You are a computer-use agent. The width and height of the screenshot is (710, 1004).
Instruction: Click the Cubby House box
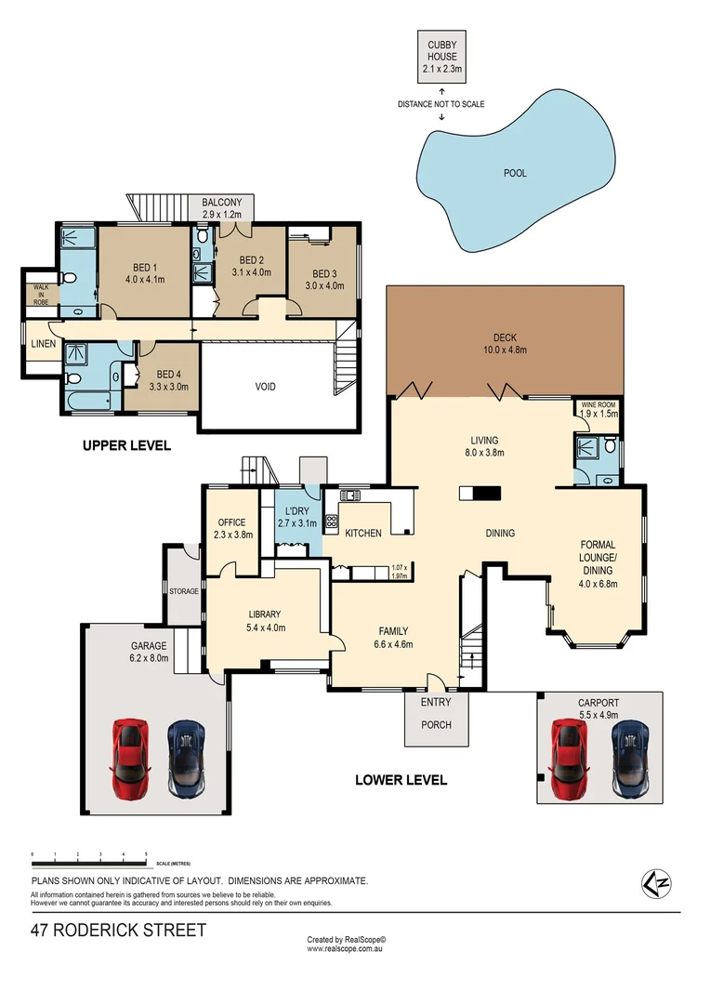coord(441,57)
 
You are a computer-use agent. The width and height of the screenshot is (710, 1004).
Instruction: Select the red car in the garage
coord(129,757)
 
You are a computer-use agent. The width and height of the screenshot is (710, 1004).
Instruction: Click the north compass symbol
coord(657,881)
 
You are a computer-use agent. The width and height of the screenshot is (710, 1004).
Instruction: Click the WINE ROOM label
coord(598,406)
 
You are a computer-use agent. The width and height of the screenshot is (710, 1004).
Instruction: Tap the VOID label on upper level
coord(266,387)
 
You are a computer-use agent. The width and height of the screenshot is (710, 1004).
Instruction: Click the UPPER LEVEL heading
coord(126,445)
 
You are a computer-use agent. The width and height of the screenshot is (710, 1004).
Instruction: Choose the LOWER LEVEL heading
coord(401,780)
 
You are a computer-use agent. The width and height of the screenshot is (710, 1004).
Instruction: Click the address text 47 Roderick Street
coord(118,930)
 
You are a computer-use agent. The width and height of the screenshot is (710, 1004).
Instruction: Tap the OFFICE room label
coord(230,522)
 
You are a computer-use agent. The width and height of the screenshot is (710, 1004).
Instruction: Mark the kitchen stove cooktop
coord(330,522)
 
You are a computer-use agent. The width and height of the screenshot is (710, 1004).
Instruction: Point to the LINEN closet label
coord(44,344)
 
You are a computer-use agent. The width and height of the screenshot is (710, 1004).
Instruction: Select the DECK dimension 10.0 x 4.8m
coord(506,351)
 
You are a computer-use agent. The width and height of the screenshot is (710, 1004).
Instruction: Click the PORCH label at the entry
coord(436,724)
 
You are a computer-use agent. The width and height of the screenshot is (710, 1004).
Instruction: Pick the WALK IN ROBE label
coord(41,294)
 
